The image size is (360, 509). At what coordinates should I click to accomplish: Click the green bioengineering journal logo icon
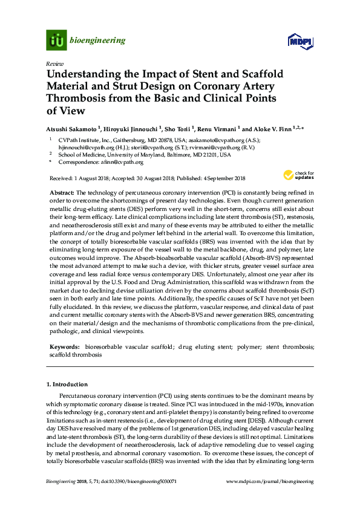coord(56,41)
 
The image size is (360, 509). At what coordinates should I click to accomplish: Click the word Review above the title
coord(54,63)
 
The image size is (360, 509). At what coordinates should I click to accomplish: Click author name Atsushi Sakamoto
coord(70,129)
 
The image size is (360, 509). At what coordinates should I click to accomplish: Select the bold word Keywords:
coord(64,347)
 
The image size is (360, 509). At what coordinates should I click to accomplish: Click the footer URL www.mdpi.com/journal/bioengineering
coord(269,482)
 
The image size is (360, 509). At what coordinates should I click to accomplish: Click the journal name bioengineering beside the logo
coord(98,41)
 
